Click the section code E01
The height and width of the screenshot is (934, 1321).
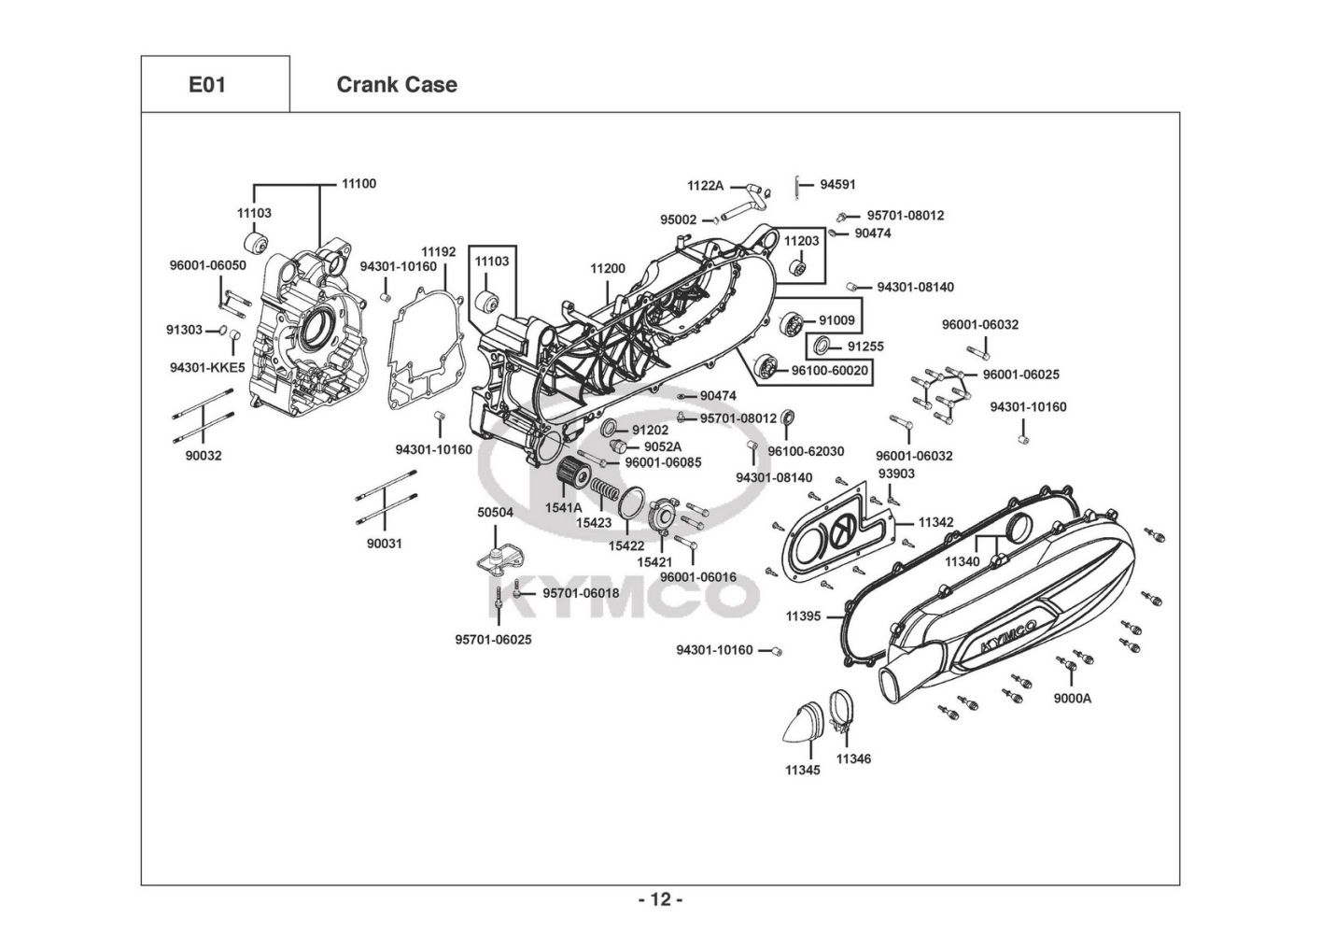click(207, 85)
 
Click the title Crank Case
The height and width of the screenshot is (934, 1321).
click(397, 85)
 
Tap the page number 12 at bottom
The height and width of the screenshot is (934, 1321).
click(660, 899)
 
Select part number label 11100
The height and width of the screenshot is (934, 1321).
click(358, 184)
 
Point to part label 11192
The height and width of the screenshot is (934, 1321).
click(438, 252)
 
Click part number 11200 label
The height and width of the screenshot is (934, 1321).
click(608, 269)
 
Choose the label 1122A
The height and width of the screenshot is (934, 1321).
click(705, 186)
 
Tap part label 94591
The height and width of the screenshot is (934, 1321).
click(837, 185)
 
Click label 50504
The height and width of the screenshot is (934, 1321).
click(495, 513)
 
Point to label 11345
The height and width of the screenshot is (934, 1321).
click(802, 771)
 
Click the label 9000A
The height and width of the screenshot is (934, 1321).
click(1072, 698)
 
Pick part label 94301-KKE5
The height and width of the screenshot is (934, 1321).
click(207, 368)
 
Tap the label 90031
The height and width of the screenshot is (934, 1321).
click(384, 544)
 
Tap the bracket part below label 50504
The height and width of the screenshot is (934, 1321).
click(496, 559)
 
